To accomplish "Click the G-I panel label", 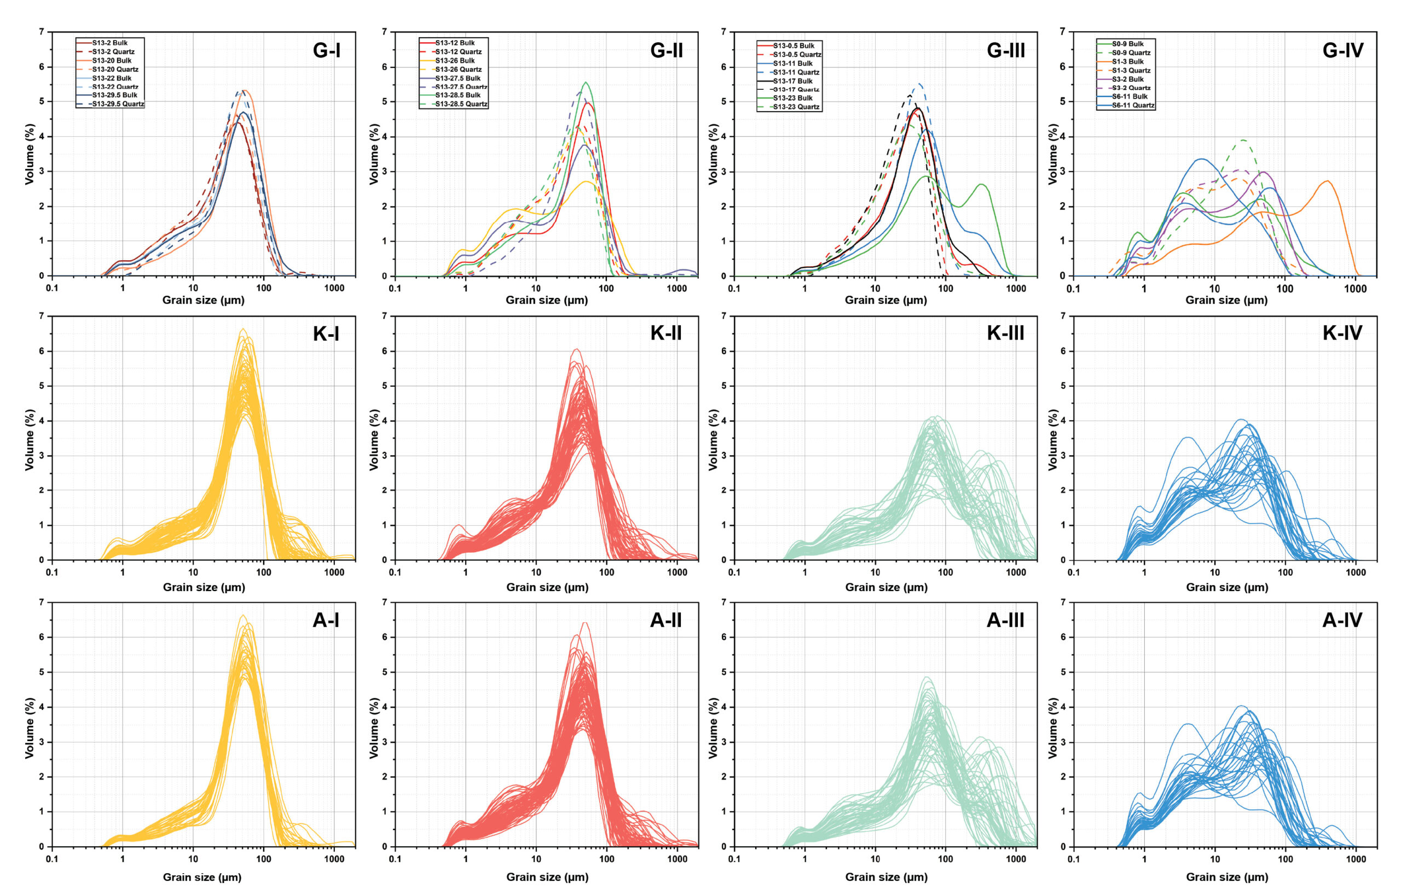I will pyautogui.click(x=326, y=50).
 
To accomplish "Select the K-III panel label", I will pyautogui.click(x=1005, y=333).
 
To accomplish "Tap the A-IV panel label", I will pyautogui.click(x=1342, y=620).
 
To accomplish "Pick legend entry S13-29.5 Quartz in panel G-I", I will pyautogui.click(x=118, y=104).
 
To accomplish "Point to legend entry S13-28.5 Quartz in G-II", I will pyautogui.click(x=461, y=104).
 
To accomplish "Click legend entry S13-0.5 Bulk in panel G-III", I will pyautogui.click(x=794, y=45).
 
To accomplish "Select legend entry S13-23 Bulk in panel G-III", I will pyautogui.click(x=792, y=98).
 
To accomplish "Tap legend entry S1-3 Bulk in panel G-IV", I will pyautogui.click(x=1127, y=62).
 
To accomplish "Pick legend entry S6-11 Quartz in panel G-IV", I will pyautogui.click(x=1133, y=105).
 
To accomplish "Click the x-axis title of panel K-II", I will pyautogui.click(x=547, y=587).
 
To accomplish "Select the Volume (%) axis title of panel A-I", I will pyautogui.click(x=30, y=728).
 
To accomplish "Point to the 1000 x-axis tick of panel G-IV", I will pyautogui.click(x=1356, y=288).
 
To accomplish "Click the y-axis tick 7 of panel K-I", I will pyautogui.click(x=41, y=316).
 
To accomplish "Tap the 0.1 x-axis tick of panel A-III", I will pyautogui.click(x=734, y=859).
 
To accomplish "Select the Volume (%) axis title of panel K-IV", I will pyautogui.click(x=1052, y=439).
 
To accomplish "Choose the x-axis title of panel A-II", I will pyautogui.click(x=547, y=877).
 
